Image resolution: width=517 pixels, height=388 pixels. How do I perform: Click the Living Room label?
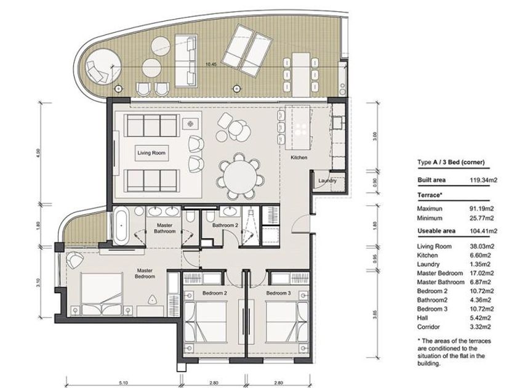(151, 153)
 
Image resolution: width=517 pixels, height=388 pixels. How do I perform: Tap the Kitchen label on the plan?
(299, 158)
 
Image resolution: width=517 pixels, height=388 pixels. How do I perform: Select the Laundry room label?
(327, 181)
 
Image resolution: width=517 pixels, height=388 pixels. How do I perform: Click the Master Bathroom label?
(164, 228)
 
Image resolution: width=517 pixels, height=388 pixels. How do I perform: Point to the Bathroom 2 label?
(225, 225)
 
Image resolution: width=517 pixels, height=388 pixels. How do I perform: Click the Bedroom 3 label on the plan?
(279, 293)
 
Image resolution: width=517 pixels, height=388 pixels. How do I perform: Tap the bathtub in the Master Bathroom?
(121, 225)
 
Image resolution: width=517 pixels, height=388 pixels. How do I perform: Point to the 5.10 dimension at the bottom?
(123, 382)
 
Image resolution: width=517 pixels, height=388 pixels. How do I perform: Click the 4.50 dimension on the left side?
(38, 153)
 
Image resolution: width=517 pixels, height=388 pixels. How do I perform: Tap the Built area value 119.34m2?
(483, 180)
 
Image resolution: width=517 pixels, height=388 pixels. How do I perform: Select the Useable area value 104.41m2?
(483, 231)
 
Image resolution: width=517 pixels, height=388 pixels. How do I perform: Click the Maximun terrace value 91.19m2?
(482, 209)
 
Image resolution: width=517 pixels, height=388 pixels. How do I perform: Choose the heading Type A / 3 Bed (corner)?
(451, 162)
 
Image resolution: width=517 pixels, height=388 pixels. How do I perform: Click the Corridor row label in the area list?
(428, 327)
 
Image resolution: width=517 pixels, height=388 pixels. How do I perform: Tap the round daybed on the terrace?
(103, 67)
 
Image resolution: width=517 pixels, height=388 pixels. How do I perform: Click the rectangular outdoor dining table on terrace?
(301, 73)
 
